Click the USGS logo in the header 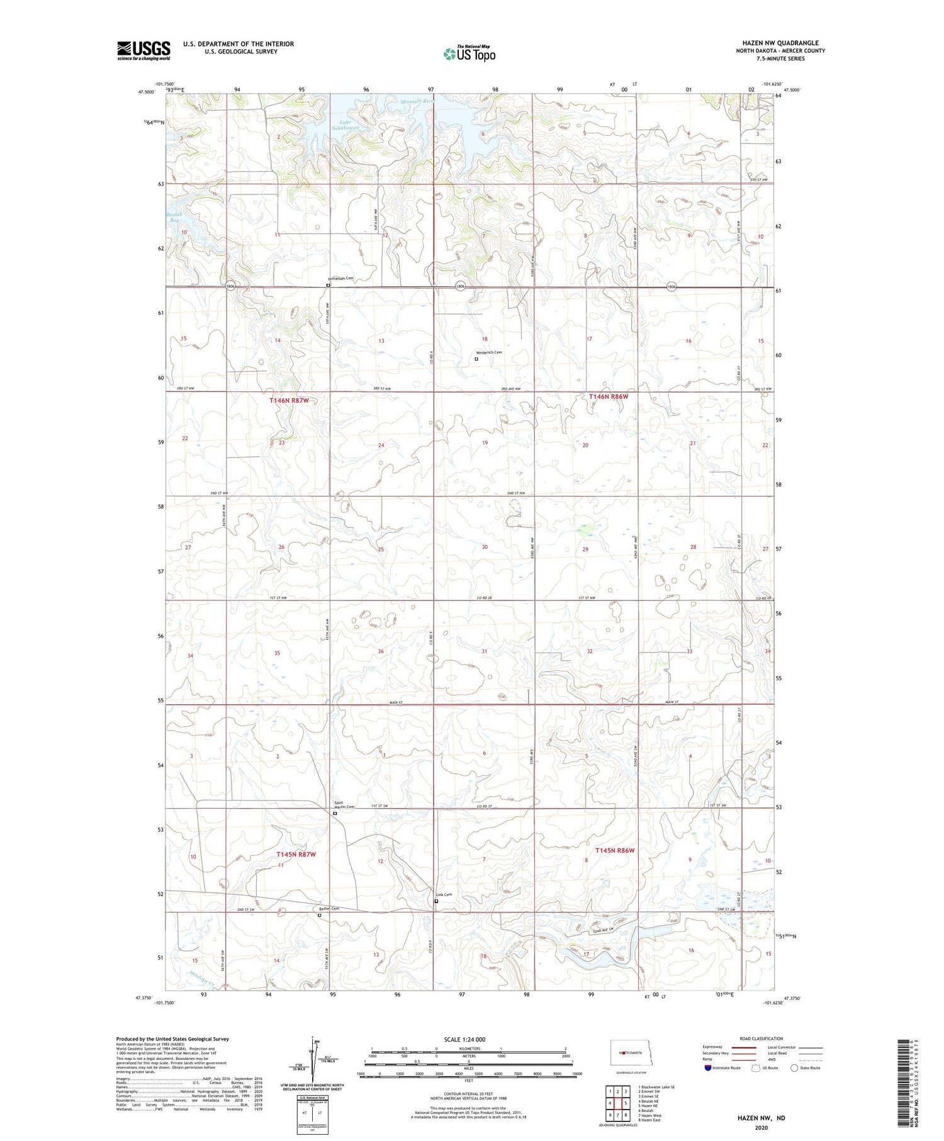[x=143, y=50]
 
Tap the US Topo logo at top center [x=469, y=53]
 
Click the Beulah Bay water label [x=173, y=217]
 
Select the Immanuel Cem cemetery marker [x=328, y=285]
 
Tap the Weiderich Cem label [x=488, y=352]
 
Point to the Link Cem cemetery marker [x=436, y=901]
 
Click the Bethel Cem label [x=329, y=908]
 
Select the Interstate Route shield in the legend [x=708, y=1067]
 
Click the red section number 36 [x=380, y=651]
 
